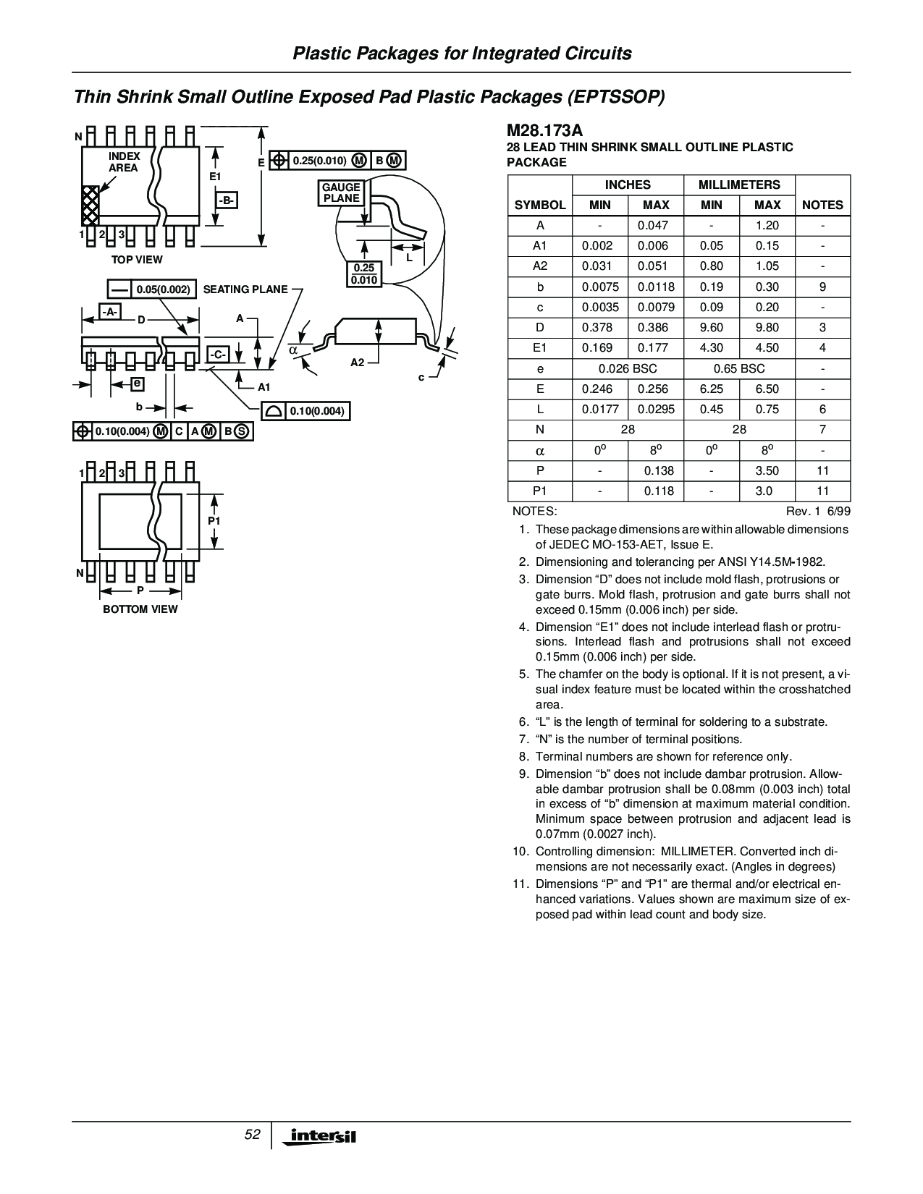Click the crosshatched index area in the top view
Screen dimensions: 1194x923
[90, 205]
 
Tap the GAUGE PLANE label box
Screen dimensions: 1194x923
[341, 192]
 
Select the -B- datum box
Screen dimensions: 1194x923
[226, 200]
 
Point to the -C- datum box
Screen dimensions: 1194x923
[219, 355]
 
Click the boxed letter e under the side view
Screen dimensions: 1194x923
[136, 383]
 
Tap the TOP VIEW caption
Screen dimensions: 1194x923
[137, 259]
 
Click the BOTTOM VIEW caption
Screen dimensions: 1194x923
[140, 609]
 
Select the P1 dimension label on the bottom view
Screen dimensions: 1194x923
[214, 521]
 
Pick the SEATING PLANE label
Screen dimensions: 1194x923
[245, 289]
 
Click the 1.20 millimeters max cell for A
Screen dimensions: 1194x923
[767, 225]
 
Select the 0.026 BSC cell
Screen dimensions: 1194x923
[628, 368]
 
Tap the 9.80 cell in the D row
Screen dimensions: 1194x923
[767, 327]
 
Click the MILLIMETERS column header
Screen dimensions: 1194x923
[739, 185]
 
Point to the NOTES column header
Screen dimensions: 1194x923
[822, 205]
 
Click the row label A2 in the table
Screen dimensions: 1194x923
[540, 266]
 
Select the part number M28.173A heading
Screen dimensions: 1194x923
[544, 130]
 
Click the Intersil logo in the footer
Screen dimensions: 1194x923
[322, 1137]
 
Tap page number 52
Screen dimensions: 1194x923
[252, 1135]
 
